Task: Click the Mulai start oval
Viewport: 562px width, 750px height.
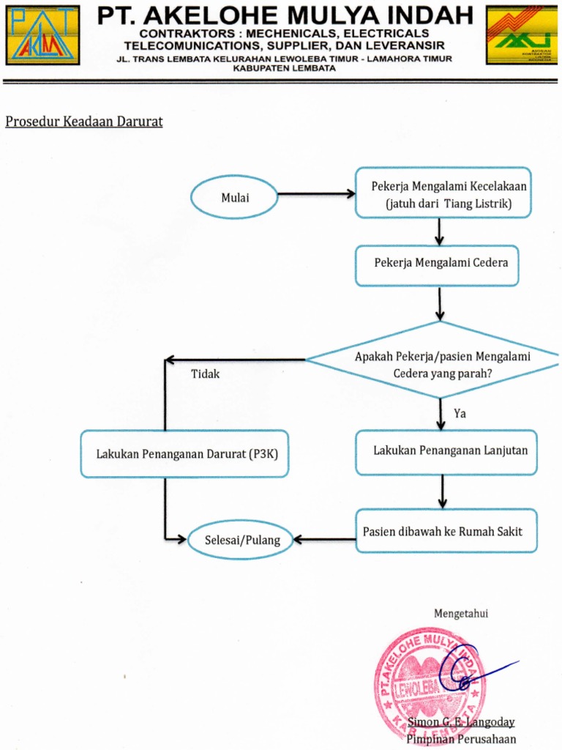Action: pos(234,197)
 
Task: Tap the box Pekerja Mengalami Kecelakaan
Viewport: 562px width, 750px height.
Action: pos(443,193)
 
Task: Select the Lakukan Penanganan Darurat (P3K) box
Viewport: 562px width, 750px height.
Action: pos(184,454)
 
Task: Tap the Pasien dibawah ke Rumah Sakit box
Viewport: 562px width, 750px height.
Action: pos(446,531)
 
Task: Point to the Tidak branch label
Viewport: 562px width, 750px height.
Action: pos(205,374)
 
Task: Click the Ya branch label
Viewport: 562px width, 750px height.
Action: pos(460,414)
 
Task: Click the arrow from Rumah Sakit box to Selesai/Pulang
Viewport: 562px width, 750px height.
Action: pos(324,540)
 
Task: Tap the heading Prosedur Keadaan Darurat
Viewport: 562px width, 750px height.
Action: pos(84,122)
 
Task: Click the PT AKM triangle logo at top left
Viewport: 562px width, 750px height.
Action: pos(43,35)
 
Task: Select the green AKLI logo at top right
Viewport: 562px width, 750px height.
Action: pos(521,35)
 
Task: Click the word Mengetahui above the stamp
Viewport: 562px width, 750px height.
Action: pos(461,614)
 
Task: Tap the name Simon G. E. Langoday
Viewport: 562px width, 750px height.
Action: pos(461,723)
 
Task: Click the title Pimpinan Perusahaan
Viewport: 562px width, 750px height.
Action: pos(461,738)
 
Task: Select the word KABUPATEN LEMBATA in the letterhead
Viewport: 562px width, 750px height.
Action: pos(284,68)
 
